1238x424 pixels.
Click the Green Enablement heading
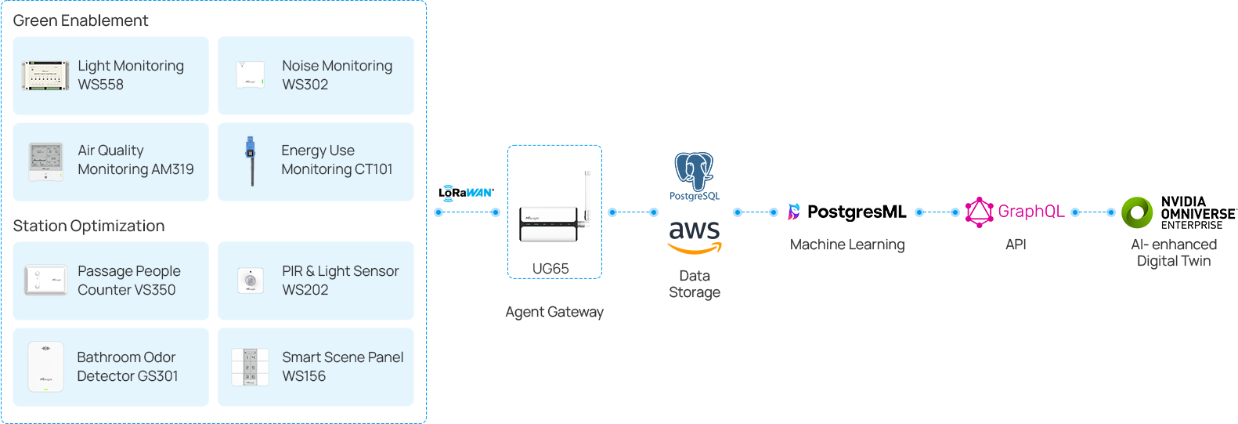click(81, 20)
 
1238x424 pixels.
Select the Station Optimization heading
click(88, 226)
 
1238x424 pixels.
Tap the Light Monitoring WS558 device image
click(45, 76)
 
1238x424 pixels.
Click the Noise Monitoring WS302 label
click(337, 75)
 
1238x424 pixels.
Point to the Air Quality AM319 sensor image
click(45, 161)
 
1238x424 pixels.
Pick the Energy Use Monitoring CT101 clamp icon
click(251, 160)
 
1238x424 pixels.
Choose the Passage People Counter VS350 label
click(128, 281)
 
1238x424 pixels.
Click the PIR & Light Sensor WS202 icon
click(250, 281)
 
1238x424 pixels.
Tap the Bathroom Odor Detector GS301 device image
click(45, 367)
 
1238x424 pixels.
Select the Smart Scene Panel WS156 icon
click(250, 367)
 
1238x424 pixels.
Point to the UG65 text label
click(550, 269)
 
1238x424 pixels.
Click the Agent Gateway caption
click(554, 312)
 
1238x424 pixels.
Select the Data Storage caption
click(695, 284)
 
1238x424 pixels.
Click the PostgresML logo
click(846, 212)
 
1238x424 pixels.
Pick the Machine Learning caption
click(847, 245)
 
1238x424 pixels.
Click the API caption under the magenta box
click(1016, 245)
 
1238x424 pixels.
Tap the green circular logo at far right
click(1139, 212)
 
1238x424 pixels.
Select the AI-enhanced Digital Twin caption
click(1174, 252)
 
